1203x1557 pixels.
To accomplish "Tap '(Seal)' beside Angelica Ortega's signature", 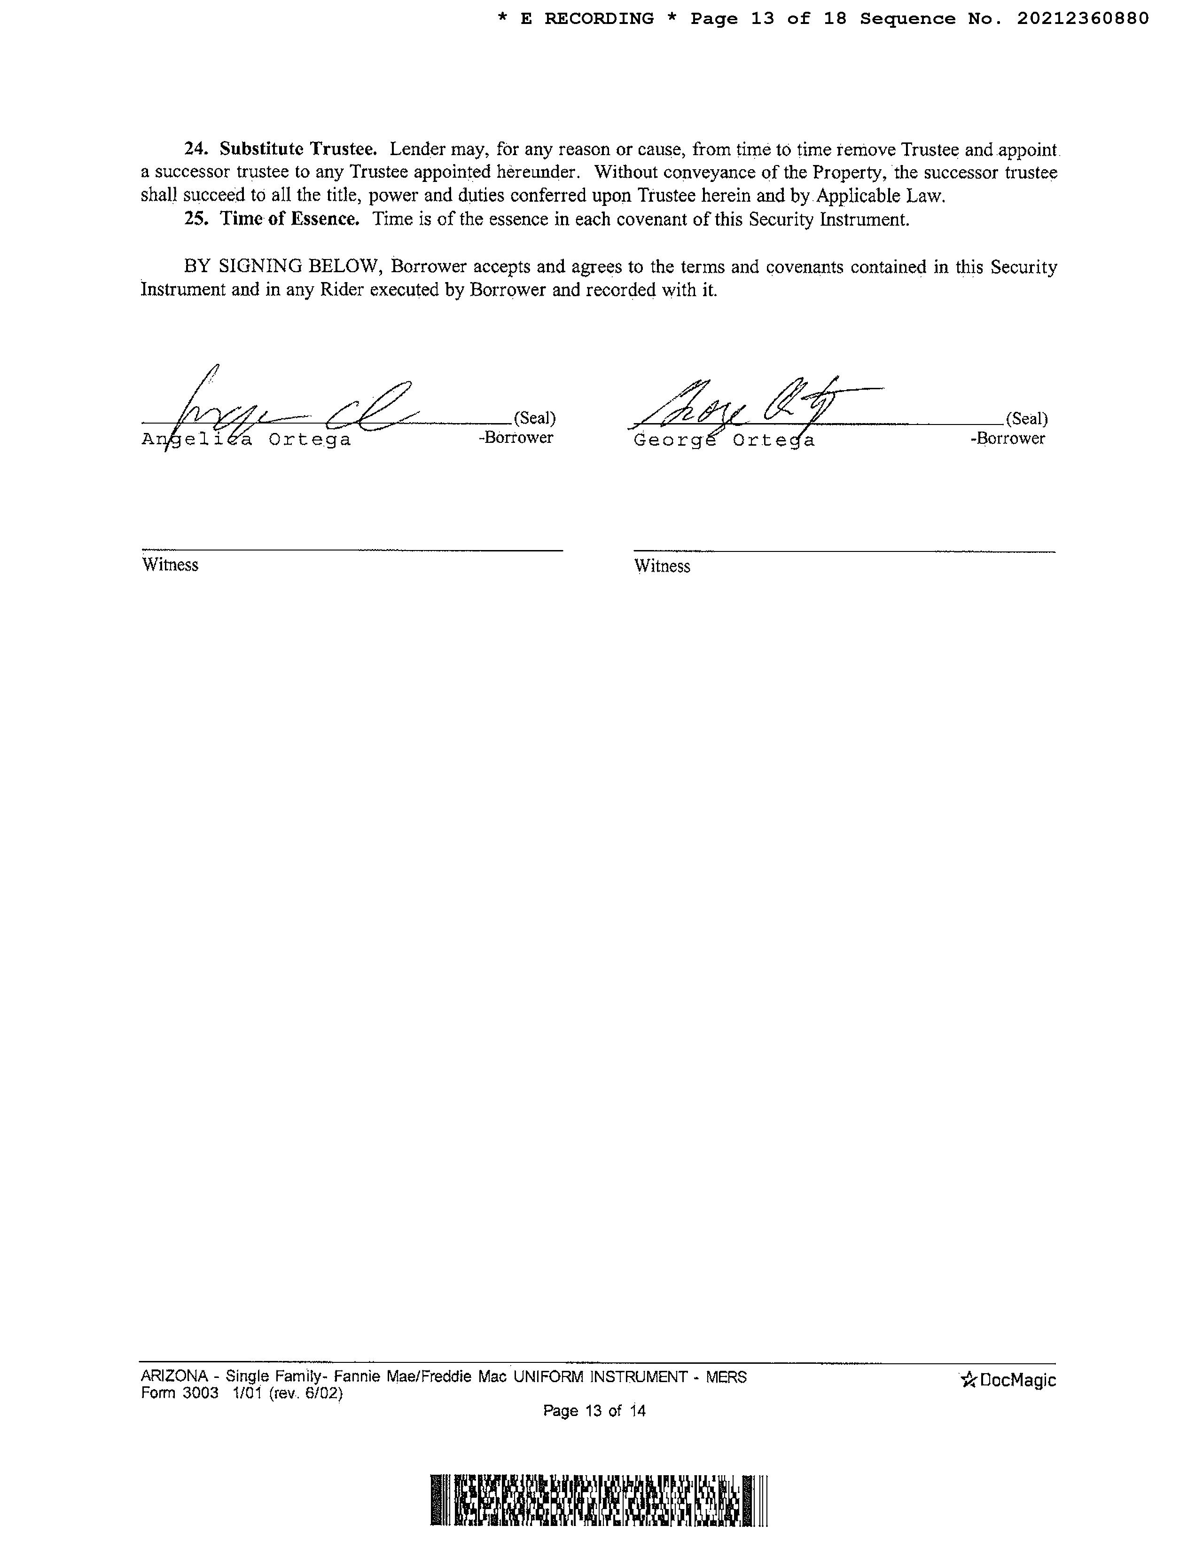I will tap(534, 418).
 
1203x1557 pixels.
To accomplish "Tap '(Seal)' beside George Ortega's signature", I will tap(1026, 418).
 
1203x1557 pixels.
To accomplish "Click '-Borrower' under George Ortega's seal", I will tap(1008, 439).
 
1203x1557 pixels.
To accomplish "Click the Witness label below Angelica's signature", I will tap(170, 565).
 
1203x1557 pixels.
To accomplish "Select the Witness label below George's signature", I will tap(662, 566).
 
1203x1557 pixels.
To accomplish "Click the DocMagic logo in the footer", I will tap(1008, 1380).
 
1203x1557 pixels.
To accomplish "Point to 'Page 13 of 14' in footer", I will tap(594, 1410).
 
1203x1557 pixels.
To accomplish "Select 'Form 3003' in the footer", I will tap(180, 1393).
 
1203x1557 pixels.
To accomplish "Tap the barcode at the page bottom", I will tap(599, 1501).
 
